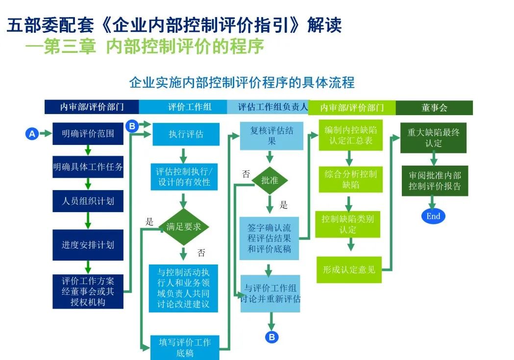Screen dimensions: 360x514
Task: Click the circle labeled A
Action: coord(32,133)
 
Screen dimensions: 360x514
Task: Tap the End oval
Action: coord(433,216)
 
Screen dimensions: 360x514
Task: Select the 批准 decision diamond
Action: coord(269,180)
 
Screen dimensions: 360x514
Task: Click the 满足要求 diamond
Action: coord(184,227)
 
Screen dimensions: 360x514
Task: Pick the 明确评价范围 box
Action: coord(88,133)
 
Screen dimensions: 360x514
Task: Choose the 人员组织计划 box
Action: coord(88,201)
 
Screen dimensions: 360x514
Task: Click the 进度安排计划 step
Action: coord(88,244)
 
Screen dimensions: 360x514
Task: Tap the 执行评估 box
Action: coord(185,134)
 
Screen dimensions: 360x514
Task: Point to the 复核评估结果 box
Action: coord(271,136)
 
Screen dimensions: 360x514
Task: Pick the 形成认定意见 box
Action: coord(348,269)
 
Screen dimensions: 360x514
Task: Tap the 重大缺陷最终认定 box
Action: coord(433,138)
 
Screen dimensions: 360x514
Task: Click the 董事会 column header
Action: coord(434,108)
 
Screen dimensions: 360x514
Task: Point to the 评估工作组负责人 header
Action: coord(268,107)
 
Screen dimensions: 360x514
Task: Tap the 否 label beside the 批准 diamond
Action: coord(246,174)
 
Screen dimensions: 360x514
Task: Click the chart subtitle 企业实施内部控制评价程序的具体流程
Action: coord(242,82)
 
